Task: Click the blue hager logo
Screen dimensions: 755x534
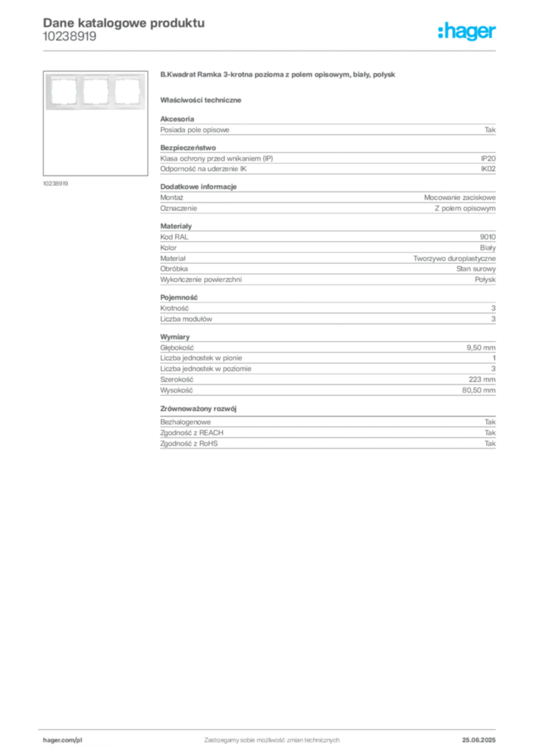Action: pyautogui.click(x=468, y=32)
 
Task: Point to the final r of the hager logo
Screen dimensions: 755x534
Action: pyautogui.click(x=494, y=33)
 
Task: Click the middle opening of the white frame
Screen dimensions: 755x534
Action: pyautogui.click(x=95, y=92)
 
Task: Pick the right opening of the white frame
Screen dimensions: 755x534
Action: pyautogui.click(x=126, y=92)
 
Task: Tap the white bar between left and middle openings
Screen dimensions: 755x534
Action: pyautogui.click(x=80, y=92)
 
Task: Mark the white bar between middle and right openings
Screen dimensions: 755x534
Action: pyautogui.click(x=111, y=92)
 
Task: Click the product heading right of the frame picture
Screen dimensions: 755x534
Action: pyautogui.click(x=280, y=76)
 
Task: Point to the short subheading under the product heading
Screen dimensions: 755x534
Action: pyautogui.click(x=204, y=99)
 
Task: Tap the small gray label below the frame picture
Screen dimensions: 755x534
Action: pyautogui.click(x=56, y=183)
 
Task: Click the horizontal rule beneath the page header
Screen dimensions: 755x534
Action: pyautogui.click(x=271, y=50)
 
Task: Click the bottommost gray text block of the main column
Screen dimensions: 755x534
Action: pyautogui.click(x=327, y=437)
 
